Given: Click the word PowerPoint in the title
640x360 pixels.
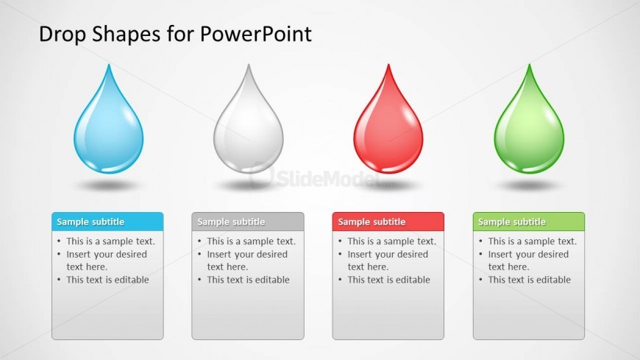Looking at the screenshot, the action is pyautogui.click(x=256, y=34).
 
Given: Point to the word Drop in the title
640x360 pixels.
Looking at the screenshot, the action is pyautogui.click(x=63, y=35).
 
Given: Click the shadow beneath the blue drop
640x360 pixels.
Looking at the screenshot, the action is pyautogui.click(x=109, y=186).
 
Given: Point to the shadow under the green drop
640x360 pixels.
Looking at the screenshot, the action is pyautogui.click(x=529, y=186).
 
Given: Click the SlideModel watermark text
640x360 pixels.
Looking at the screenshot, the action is pyautogui.click(x=327, y=178).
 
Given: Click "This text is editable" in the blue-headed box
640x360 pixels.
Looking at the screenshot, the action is pyautogui.click(x=107, y=280).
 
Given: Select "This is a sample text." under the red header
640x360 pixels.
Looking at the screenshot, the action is pyautogui.click(x=392, y=241).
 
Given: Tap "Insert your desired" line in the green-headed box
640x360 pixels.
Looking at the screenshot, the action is pyautogui.click(x=528, y=255).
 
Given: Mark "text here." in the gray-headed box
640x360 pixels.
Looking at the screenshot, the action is pyautogui.click(x=227, y=267).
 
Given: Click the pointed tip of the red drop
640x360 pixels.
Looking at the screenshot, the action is pyautogui.click(x=388, y=65).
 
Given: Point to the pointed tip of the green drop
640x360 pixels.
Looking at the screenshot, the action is pyautogui.click(x=530, y=65).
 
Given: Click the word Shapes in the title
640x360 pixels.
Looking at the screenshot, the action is pyautogui.click(x=126, y=35).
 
